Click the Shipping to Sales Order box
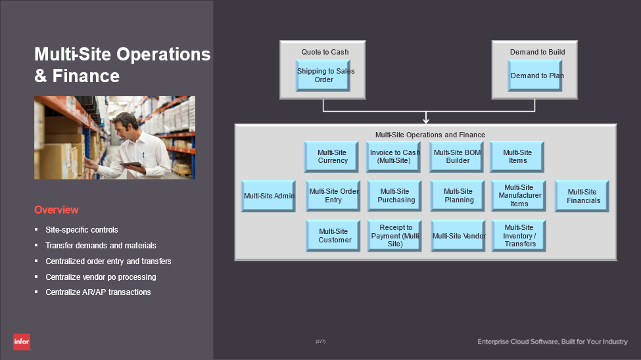pyautogui.click(x=323, y=76)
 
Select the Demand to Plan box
pyautogui.click(x=536, y=76)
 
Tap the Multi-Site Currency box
pyautogui.click(x=332, y=156)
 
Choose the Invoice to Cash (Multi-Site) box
pyautogui.click(x=394, y=156)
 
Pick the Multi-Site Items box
pyautogui.click(x=517, y=156)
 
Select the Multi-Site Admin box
pyautogui.click(x=269, y=196)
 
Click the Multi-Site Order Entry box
pyautogui.click(x=333, y=196)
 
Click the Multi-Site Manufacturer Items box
pyautogui.click(x=519, y=196)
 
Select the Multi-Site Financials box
pyautogui.click(x=582, y=196)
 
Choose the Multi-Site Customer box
pyautogui.click(x=334, y=235)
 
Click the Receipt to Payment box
pyautogui.click(x=395, y=235)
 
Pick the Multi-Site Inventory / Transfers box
pyautogui.click(x=519, y=235)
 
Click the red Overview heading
pyautogui.click(x=57, y=210)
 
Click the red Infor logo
pyautogui.click(x=22, y=342)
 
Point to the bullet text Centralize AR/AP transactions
pyautogui.click(x=98, y=292)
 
